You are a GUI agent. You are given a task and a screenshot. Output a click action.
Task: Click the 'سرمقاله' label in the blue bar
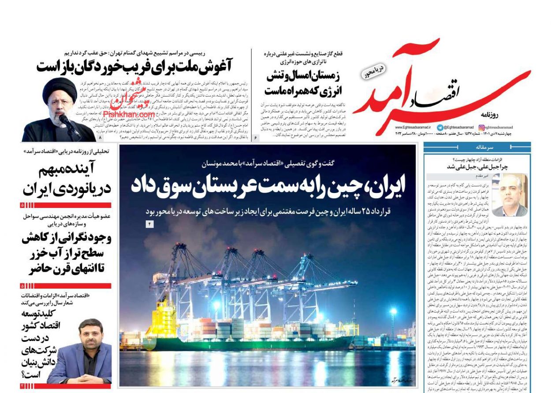pos(492,147)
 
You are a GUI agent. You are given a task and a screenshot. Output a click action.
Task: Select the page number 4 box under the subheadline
pos(149,224)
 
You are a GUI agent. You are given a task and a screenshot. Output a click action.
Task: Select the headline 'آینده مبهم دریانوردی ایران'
pos(67,180)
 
